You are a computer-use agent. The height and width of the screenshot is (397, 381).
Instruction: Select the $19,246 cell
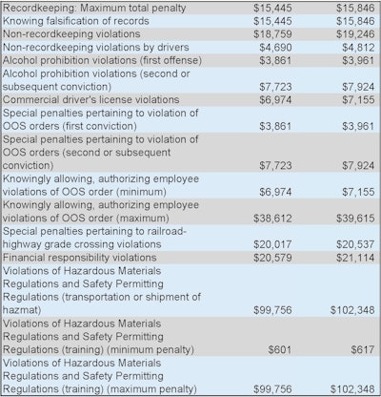click(x=351, y=32)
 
